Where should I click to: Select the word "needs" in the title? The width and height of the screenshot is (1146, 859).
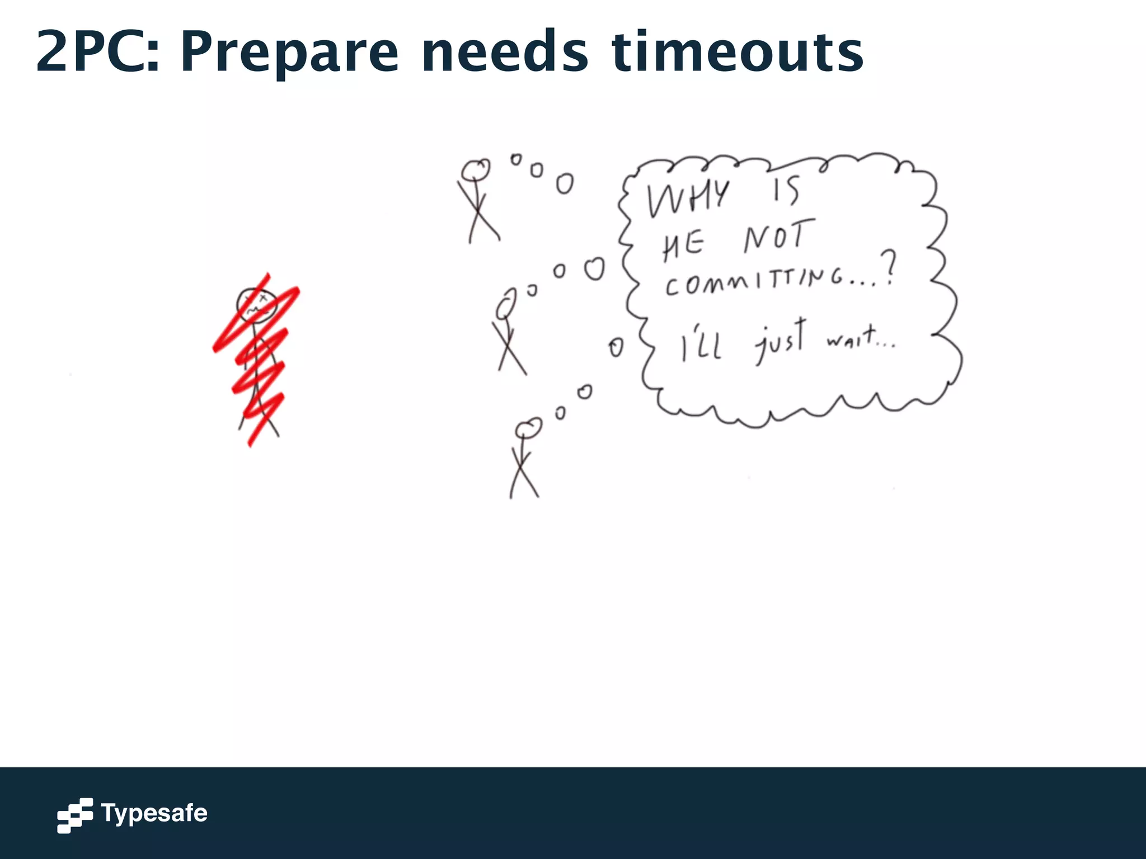505,52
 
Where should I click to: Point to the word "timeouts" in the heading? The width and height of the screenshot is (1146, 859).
738,52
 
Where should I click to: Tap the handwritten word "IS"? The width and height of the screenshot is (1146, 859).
786,190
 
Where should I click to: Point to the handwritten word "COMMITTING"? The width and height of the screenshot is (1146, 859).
755,282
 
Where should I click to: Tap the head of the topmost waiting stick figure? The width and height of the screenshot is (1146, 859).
476,169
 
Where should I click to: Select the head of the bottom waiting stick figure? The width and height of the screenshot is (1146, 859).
528,428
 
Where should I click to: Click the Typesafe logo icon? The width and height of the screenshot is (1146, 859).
75,815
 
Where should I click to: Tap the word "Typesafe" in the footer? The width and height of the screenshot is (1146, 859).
154,813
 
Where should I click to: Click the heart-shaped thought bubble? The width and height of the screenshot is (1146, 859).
594,269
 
